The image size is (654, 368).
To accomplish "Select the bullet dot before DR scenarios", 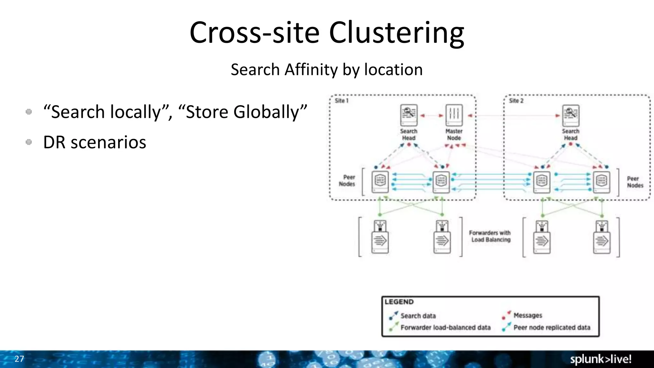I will pos(29,142).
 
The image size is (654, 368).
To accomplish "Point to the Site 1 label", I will pos(341,101).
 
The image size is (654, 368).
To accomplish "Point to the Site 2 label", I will pos(516,101).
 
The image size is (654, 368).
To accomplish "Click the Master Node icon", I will pos(454,115).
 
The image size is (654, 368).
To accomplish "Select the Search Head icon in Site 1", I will pos(409,115).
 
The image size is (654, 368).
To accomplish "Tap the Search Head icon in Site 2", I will pos(571,115).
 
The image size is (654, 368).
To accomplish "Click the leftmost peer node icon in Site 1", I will pos(380,182).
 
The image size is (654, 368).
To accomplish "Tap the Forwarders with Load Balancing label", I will pos(490,236).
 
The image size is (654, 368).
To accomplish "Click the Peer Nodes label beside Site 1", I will pos(347,180).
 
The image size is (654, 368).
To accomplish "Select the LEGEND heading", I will pos(399,302).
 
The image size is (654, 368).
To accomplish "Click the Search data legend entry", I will pos(418,316).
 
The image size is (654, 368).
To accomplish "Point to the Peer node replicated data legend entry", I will pos(551,327).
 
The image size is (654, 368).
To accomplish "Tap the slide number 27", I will pos(19,359).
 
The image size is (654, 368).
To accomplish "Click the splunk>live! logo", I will pos(601,359).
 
